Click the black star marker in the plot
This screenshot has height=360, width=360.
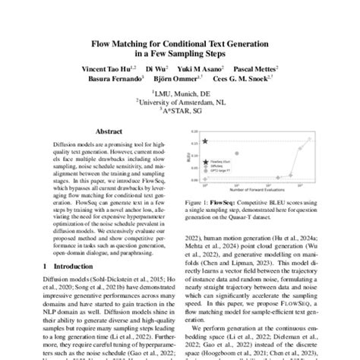click(206, 141)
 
